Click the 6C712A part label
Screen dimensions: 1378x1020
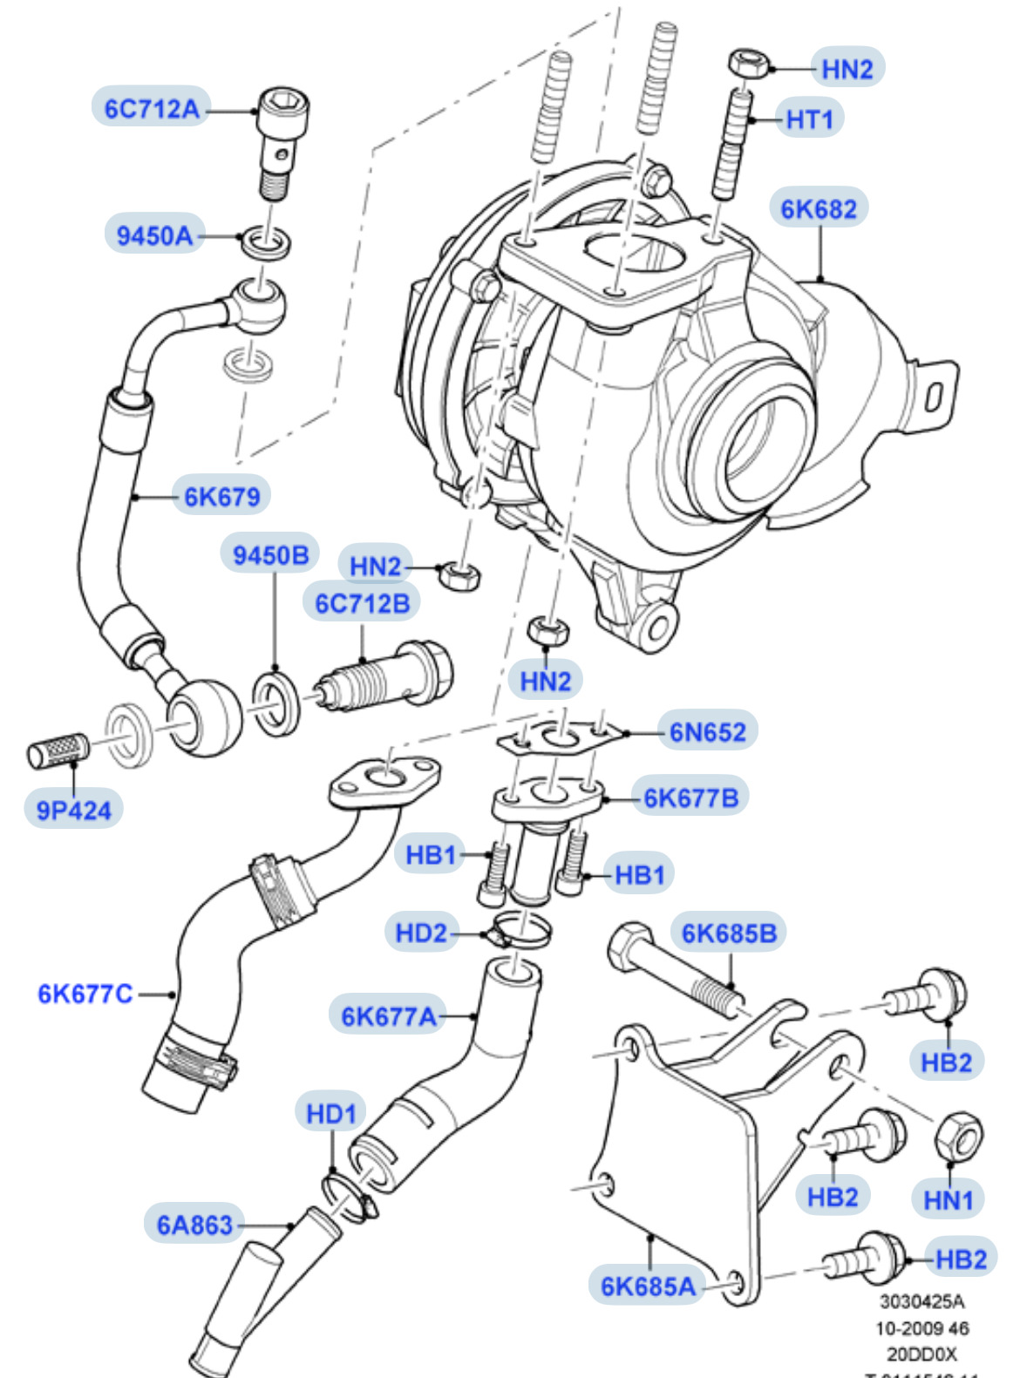pyautogui.click(x=152, y=109)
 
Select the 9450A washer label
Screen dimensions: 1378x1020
pyautogui.click(x=155, y=235)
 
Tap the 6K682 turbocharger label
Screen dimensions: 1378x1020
pyautogui.click(x=818, y=209)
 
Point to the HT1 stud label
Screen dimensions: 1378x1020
pyautogui.click(x=810, y=119)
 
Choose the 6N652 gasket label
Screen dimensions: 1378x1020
pyautogui.click(x=707, y=732)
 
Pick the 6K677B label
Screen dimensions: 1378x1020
pyautogui.click(x=690, y=798)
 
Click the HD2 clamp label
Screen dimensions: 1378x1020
pyautogui.click(x=421, y=933)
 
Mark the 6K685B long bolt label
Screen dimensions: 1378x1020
pyautogui.click(x=729, y=933)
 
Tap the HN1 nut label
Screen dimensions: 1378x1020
pyautogui.click(x=948, y=1200)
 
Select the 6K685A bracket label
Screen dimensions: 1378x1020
pyautogui.click(x=648, y=1286)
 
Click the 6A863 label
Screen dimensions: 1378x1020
pyautogui.click(x=194, y=1225)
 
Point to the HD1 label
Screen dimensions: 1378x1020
pyautogui.click(x=331, y=1113)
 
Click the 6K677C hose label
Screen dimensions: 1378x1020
pyautogui.click(x=85, y=994)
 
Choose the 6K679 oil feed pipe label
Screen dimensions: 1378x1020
pyautogui.click(x=221, y=497)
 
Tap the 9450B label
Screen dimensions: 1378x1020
pyautogui.click(x=271, y=555)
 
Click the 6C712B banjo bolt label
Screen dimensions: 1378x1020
pyautogui.click(x=362, y=603)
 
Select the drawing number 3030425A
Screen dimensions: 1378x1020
pyautogui.click(x=921, y=1301)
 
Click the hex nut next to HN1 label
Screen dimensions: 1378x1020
pyautogui.click(x=958, y=1136)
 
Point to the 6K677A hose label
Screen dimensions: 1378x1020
pyautogui.click(x=388, y=1016)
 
